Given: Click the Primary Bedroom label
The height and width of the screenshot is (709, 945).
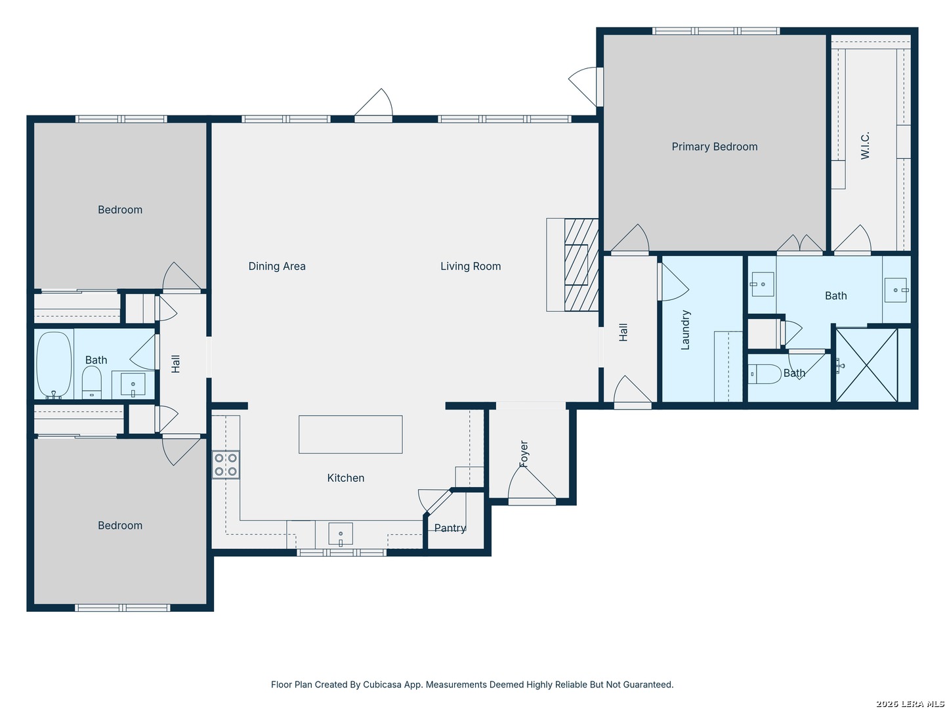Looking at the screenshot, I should (714, 147).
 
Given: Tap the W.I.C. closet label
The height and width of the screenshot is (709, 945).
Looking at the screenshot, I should (865, 146).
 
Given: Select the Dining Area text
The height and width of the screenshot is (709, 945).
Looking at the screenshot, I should (277, 267).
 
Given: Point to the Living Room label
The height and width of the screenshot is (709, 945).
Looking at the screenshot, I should (471, 267).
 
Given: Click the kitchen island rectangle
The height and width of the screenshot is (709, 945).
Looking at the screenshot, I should (350, 435).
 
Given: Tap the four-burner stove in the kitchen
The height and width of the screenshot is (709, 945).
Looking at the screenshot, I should (226, 465).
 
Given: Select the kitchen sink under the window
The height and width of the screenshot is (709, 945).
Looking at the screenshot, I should (341, 534).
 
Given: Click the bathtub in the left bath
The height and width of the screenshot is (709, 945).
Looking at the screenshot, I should (54, 365).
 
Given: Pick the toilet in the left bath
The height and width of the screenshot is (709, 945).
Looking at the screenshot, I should (92, 382).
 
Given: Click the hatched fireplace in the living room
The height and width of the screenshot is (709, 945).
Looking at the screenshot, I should (581, 265).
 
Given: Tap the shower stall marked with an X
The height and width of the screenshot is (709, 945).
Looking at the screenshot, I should (866, 365).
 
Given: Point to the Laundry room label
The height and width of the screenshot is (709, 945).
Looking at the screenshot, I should (686, 330).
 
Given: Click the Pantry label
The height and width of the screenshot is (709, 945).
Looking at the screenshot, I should (450, 528).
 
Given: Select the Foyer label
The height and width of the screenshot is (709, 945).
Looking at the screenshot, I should (524, 454).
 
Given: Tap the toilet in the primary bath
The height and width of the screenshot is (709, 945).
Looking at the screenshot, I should (765, 374).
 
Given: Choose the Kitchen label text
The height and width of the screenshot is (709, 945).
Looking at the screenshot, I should (346, 479).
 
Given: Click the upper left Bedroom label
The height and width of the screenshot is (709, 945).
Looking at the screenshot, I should (120, 210).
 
